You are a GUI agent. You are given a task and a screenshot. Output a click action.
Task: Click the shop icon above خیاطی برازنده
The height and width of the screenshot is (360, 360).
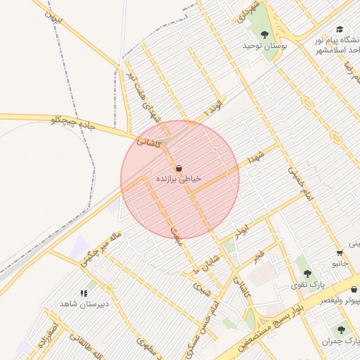(x=179, y=169)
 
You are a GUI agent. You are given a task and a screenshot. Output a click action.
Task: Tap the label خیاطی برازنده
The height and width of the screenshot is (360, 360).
(x=179, y=180)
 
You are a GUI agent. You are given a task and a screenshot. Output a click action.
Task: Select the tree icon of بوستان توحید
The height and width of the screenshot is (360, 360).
(x=264, y=34)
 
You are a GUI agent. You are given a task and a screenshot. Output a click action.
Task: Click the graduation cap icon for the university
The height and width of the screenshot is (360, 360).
(x=340, y=30)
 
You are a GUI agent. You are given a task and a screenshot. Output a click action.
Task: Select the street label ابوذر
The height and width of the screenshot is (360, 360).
(x=243, y=230)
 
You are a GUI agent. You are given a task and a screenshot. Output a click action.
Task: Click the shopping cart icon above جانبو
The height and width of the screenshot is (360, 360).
(x=340, y=253)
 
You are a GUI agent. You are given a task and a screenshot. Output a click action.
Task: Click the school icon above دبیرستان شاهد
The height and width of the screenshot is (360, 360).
(x=84, y=292)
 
